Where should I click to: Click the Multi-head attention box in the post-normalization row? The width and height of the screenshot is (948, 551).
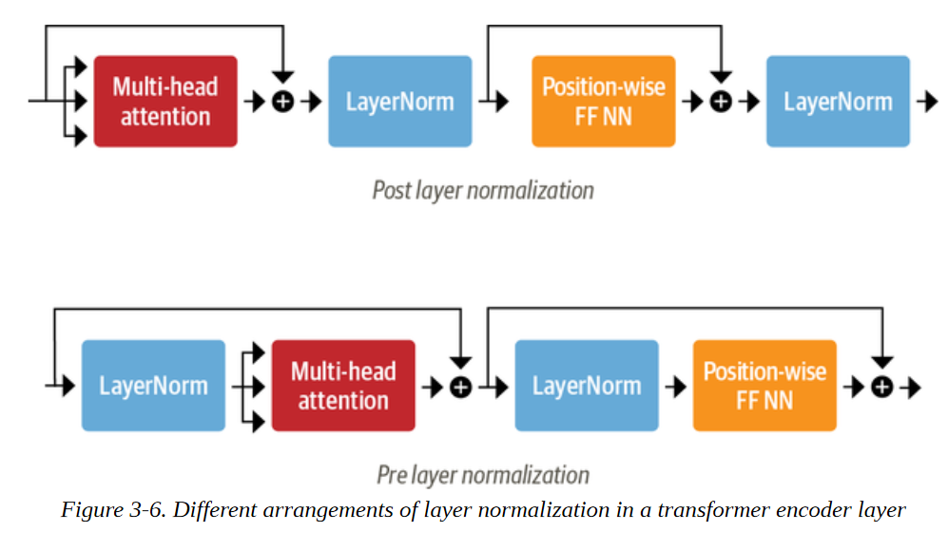pos(165,102)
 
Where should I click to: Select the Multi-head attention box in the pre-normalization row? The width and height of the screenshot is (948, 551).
pos(343,386)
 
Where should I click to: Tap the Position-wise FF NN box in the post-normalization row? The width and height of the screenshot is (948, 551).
pos(604,102)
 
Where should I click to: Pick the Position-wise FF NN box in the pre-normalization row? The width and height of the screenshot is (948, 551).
pos(764,386)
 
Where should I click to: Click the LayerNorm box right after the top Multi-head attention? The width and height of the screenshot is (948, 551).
pos(399,102)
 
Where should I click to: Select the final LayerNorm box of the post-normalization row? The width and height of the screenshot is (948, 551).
pos(838,102)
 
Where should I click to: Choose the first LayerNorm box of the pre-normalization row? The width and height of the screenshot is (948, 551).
pos(154,386)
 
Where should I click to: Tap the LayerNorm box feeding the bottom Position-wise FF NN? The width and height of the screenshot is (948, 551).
pos(587,386)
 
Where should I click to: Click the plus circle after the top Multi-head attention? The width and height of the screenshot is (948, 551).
pos(283,102)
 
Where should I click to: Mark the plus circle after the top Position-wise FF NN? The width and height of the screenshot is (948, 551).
pos(721,102)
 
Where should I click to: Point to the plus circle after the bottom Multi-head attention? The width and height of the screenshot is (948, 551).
pos(461,387)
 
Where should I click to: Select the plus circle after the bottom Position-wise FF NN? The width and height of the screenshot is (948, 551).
pos(882,387)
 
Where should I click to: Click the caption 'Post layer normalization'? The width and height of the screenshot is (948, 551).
pos(483,190)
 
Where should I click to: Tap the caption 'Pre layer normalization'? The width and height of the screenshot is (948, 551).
pos(483,475)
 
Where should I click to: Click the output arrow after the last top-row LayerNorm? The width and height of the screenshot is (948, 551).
pos(927,102)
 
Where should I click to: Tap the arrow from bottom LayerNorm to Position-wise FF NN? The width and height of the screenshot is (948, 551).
pos(676,387)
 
